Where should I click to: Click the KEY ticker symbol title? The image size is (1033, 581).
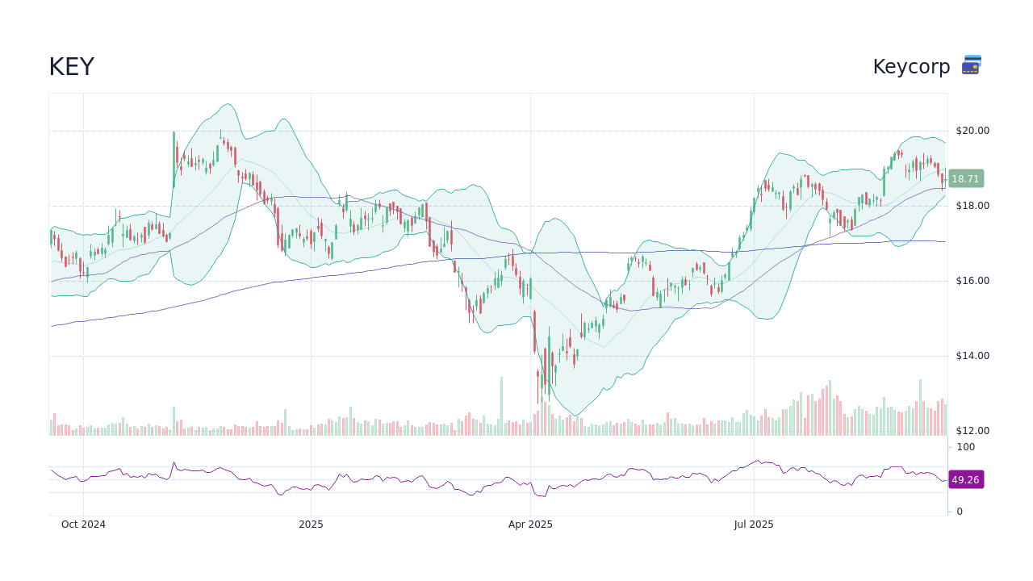pos(71,67)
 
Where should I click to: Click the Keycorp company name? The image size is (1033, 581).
pos(911,67)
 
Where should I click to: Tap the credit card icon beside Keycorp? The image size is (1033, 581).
pos(971,65)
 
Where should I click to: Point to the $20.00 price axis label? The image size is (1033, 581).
pos(972,131)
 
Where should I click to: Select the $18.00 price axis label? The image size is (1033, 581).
pos(972,206)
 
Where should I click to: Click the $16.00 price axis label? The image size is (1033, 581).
pos(972,281)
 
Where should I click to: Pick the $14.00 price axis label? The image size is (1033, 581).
pos(972,356)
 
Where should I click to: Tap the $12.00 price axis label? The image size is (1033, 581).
pos(972,431)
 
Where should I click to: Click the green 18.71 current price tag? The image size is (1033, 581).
pos(965,179)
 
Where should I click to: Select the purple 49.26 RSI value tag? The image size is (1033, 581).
pos(965,480)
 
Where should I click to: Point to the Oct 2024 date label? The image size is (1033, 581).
pos(83,525)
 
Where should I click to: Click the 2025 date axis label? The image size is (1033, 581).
pos(311,525)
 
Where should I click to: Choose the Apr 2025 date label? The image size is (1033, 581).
pos(530,525)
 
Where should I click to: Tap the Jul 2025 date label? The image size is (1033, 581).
pos(754,525)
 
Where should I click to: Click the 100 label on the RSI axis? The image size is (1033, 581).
pos(965,447)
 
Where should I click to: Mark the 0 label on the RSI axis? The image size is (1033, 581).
pos(960,512)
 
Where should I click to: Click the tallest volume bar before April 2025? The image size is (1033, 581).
pos(501,406)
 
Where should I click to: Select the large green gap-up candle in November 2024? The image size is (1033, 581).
pos(174,159)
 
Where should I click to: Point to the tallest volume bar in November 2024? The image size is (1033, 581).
pos(174,420)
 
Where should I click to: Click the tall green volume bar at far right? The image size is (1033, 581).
pos(920,408)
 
